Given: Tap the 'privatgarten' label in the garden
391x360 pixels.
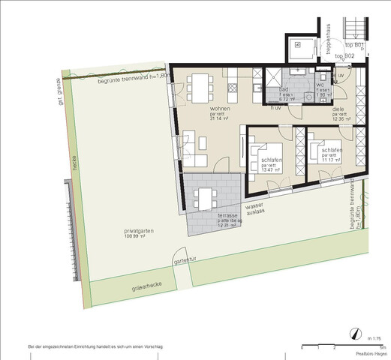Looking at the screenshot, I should [139, 231].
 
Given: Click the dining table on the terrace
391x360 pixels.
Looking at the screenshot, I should [203, 197].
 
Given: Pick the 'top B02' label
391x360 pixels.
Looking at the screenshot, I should [344, 56].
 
